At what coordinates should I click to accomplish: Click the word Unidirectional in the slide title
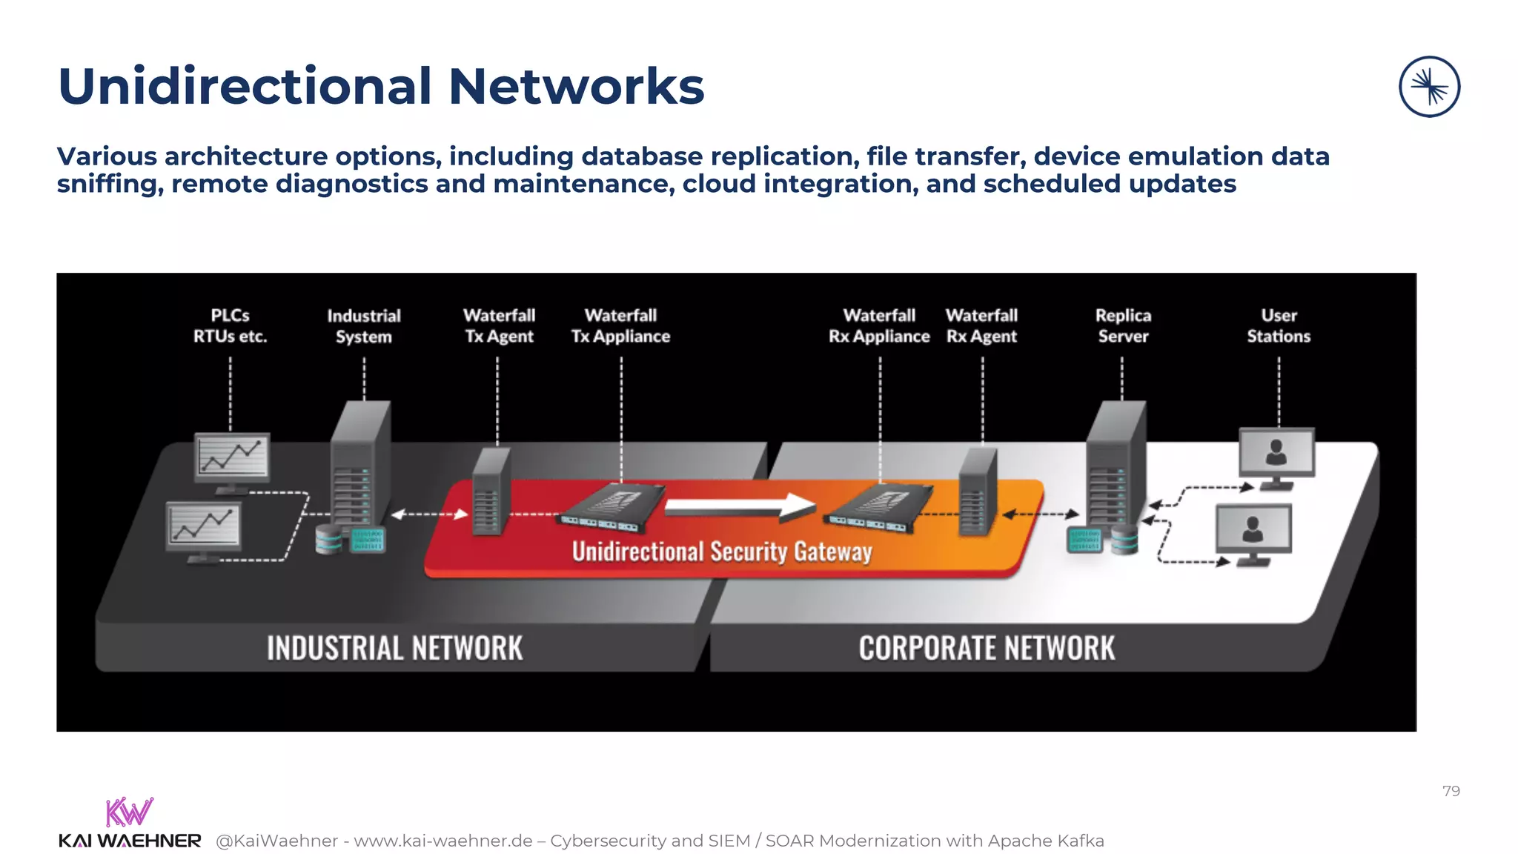[245, 87]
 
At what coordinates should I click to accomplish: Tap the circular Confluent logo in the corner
[1429, 87]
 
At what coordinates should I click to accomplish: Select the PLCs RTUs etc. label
[230, 326]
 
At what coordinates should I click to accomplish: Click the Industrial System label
[364, 326]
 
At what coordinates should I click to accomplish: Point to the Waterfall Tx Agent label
[499, 326]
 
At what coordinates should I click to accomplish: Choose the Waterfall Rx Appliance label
[879, 326]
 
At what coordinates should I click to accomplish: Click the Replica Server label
[1123, 326]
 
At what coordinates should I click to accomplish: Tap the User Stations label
[1279, 326]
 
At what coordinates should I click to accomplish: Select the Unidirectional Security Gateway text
[722, 552]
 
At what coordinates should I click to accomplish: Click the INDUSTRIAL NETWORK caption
[394, 648]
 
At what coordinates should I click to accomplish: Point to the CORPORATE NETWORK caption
[987, 648]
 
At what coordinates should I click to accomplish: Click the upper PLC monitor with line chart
[232, 457]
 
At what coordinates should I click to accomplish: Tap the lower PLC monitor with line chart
[204, 526]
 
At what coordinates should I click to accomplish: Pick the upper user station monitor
[1276, 453]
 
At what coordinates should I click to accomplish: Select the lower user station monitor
[1253, 529]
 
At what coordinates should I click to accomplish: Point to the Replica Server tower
[1115, 467]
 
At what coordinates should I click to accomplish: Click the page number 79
[1451, 791]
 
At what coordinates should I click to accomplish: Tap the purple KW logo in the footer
[129, 812]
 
